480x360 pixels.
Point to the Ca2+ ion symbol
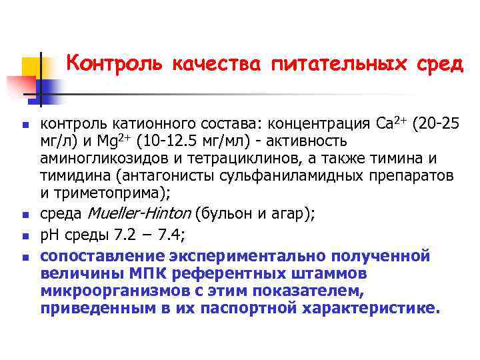tap(391, 123)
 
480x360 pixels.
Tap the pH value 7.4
tap(177, 236)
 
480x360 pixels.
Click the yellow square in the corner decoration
tap(32, 67)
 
